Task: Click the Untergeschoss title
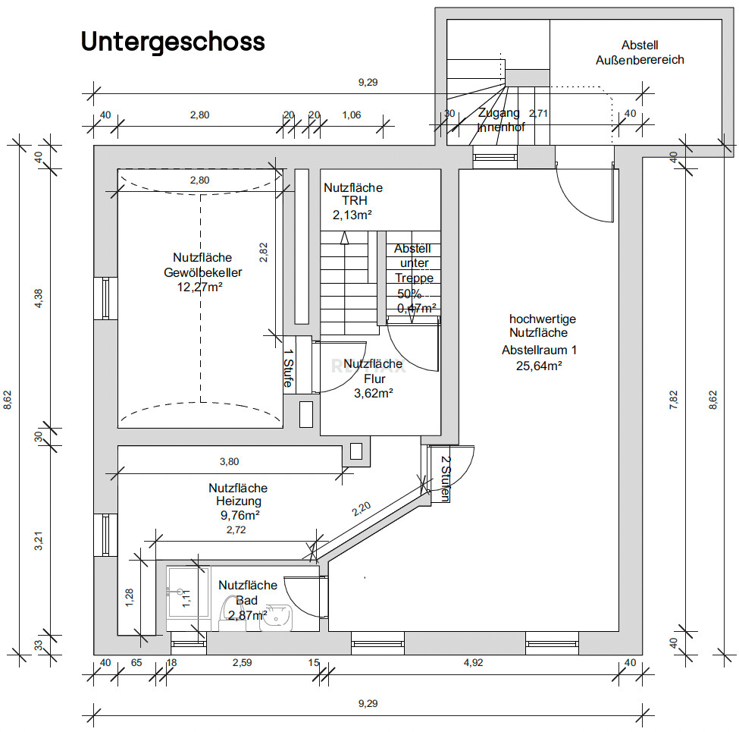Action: [173, 42]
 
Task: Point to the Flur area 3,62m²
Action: [373, 393]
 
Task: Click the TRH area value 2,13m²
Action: [352, 215]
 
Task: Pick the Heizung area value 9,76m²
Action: [238, 514]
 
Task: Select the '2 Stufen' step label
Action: [446, 479]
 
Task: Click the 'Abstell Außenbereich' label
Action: [640, 52]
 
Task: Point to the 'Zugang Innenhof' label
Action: [499, 120]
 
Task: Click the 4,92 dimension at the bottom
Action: [473, 663]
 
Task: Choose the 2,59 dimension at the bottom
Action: [243, 663]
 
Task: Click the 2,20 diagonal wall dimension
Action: [362, 508]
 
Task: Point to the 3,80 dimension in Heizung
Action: [229, 461]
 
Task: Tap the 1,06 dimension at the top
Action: [352, 115]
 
